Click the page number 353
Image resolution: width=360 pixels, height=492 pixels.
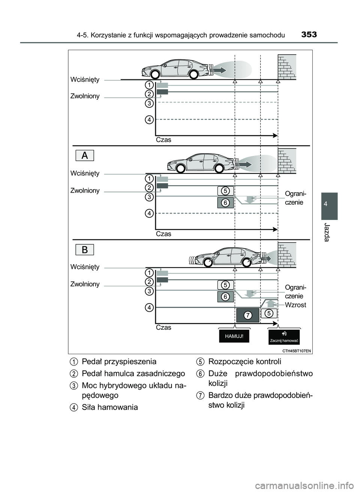click(x=309, y=35)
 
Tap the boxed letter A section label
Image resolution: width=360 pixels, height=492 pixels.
click(x=85, y=155)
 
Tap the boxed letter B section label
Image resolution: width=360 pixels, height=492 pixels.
click(x=85, y=249)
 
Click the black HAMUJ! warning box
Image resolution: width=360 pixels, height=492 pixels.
click(x=234, y=336)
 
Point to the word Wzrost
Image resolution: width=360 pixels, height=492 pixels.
click(x=295, y=305)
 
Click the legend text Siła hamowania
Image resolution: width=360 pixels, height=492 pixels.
click(x=109, y=407)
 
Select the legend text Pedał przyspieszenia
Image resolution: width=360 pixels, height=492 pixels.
click(x=119, y=362)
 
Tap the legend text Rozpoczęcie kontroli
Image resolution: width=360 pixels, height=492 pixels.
click(x=244, y=362)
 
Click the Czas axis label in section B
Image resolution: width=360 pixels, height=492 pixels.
click(x=163, y=328)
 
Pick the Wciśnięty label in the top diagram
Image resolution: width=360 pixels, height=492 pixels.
click(x=85, y=79)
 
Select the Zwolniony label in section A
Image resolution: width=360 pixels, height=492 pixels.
click(x=85, y=190)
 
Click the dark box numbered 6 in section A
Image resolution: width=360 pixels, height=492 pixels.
click(x=225, y=203)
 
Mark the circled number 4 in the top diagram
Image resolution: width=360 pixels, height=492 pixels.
click(x=149, y=120)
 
